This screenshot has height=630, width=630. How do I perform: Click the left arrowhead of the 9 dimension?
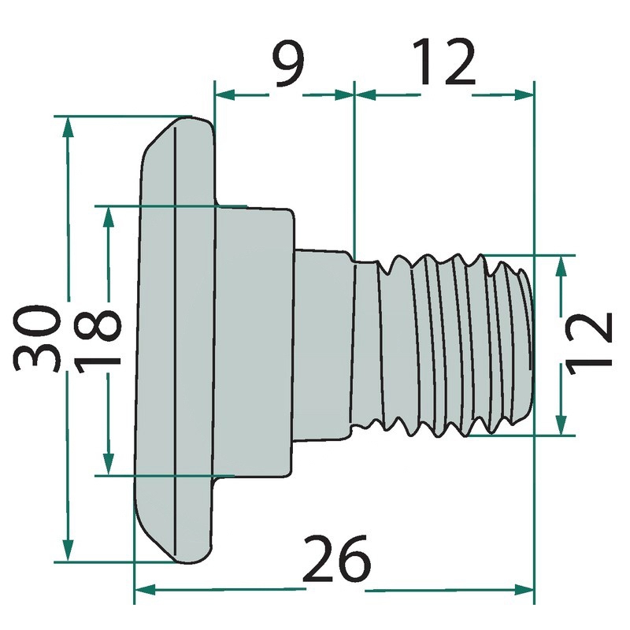point(224,94)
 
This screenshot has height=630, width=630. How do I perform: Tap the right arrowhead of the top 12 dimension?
point(524,94)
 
